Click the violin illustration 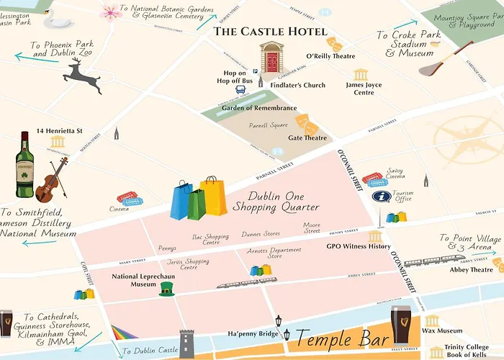click(51, 180)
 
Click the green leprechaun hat click(167, 289)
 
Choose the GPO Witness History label click(358, 247)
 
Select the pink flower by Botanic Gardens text click(110, 12)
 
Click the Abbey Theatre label click(472, 270)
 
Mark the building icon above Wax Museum click(432, 321)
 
